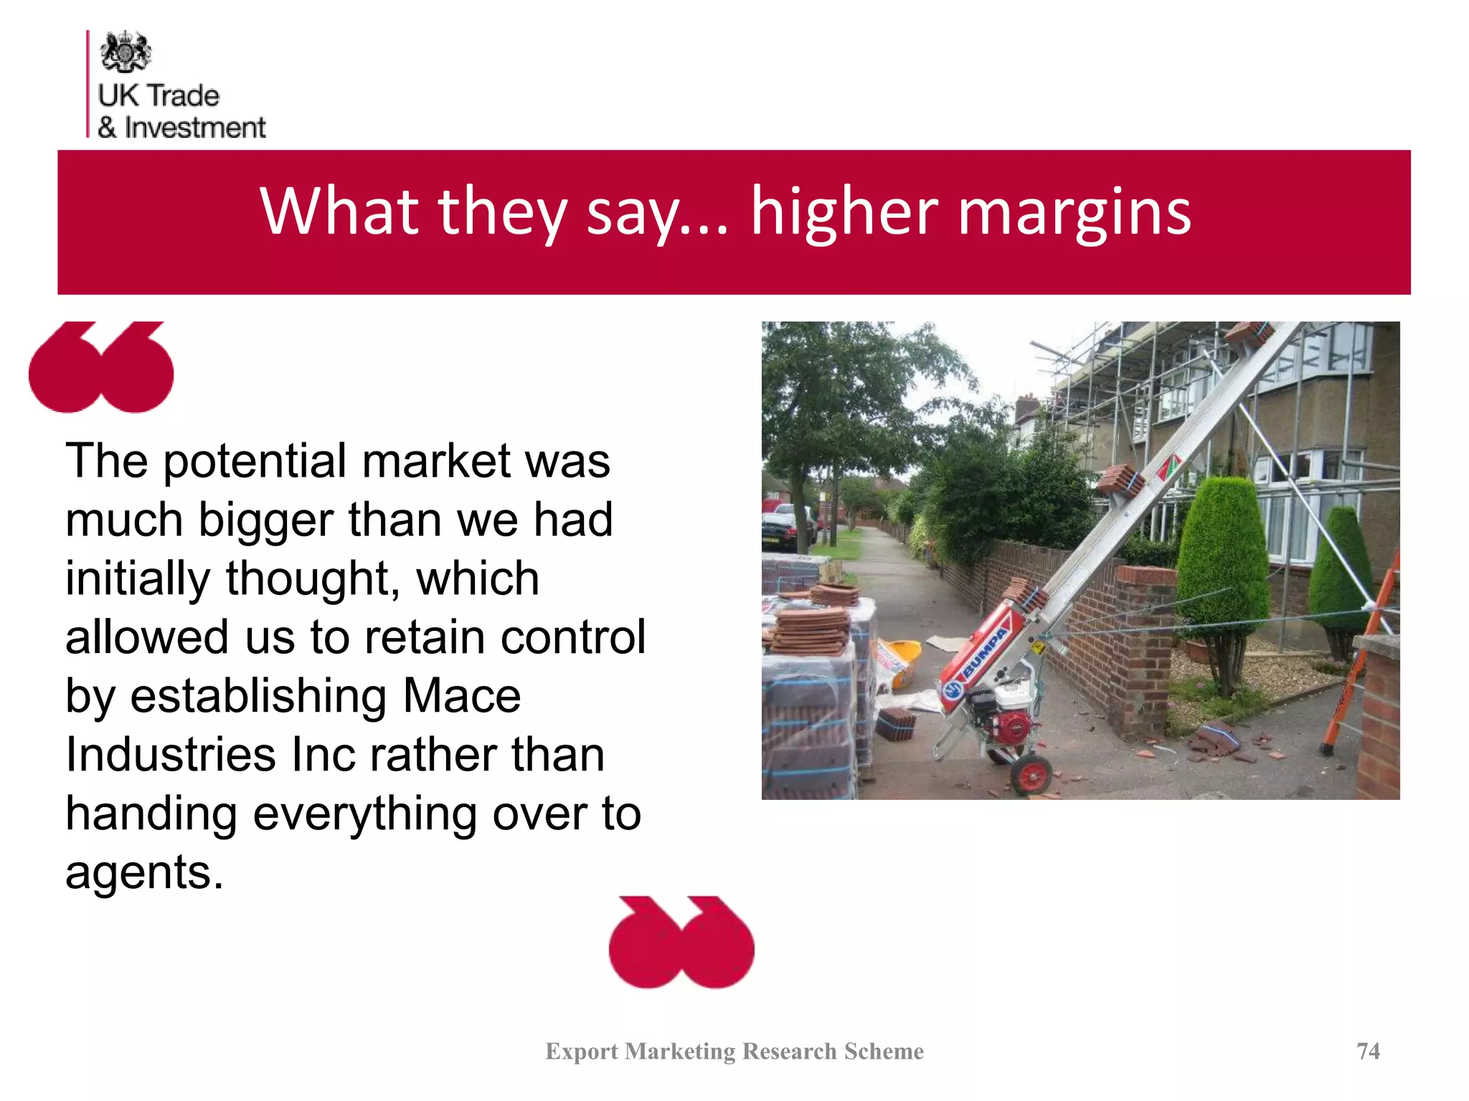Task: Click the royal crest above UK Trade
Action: click(x=126, y=52)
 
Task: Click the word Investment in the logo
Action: click(x=195, y=128)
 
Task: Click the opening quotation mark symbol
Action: click(x=101, y=367)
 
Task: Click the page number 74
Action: click(x=1368, y=1051)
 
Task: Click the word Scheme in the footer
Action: click(x=884, y=1051)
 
